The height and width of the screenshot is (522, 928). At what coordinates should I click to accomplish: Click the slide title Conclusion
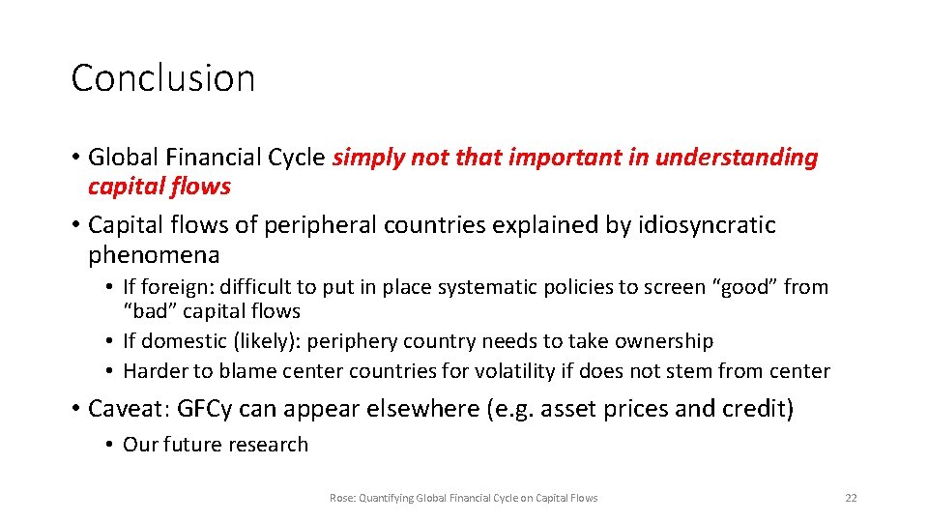pyautogui.click(x=162, y=78)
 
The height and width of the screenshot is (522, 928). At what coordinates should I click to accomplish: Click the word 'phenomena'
pyautogui.click(x=154, y=255)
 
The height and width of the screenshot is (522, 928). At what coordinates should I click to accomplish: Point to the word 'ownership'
pyautogui.click(x=665, y=341)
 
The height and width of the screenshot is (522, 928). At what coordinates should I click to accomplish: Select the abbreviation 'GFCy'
pyautogui.click(x=205, y=409)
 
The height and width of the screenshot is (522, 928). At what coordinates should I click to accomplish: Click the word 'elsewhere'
pyautogui.click(x=409, y=409)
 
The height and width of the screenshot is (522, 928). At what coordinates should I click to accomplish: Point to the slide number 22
pyautogui.click(x=851, y=498)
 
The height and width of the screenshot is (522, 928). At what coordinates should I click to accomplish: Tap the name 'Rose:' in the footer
pyautogui.click(x=342, y=498)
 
